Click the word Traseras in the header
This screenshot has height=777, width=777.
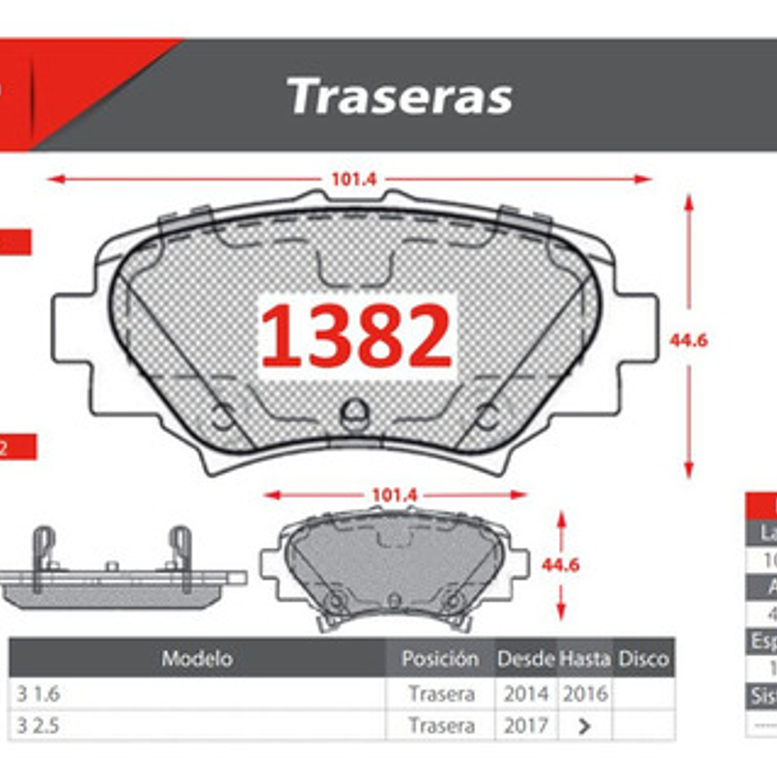[x=400, y=96]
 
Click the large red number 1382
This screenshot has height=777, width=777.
[x=356, y=337]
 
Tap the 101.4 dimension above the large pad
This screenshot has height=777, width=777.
[x=354, y=179]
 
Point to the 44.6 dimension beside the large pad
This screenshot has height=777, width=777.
[x=688, y=340]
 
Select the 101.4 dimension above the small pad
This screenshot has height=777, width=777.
[x=395, y=495]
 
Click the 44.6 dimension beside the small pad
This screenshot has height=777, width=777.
[x=560, y=565]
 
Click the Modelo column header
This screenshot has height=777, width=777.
[x=197, y=658]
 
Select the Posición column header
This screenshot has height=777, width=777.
[x=440, y=658]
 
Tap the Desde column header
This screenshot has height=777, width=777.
[x=525, y=658]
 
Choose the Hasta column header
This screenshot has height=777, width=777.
[x=584, y=658]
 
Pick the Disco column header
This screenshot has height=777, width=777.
[x=643, y=658]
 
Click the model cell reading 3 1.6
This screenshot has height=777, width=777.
[x=39, y=694]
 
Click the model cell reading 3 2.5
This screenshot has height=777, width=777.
[x=39, y=725]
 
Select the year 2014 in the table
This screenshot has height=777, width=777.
[x=525, y=694]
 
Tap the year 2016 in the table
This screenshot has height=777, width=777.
[x=585, y=694]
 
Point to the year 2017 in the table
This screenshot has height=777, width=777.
[x=525, y=725]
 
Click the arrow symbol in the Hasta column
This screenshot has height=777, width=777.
[x=584, y=727]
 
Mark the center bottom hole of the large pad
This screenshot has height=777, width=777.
[x=355, y=412]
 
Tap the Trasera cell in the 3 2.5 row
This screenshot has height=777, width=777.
[x=441, y=725]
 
